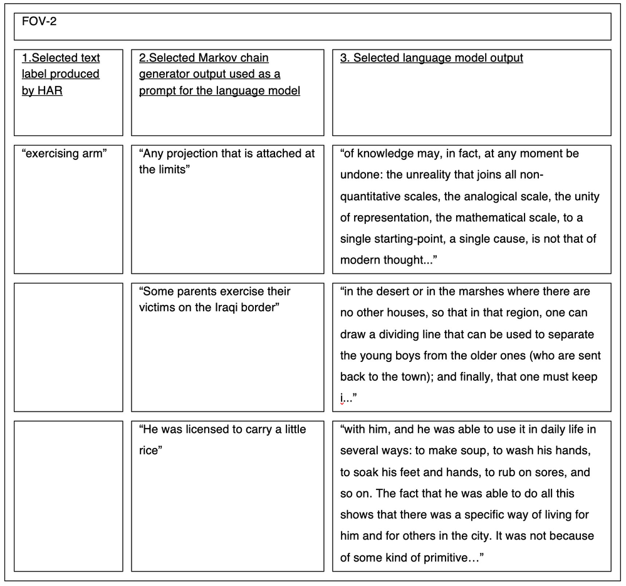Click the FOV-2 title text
pos(39,21)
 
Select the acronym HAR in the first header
pos(51,91)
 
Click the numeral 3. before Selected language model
pos(345,58)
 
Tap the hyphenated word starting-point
pos(409,239)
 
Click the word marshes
pos(476,292)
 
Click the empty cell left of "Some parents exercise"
pos(68,347)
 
